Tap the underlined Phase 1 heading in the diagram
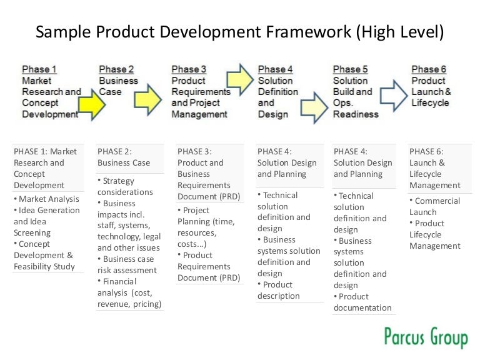click(39, 69)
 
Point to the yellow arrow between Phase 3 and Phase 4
click(240, 78)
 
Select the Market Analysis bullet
click(47, 199)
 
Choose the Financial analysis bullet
click(129, 292)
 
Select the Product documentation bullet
click(362, 302)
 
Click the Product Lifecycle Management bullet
click(434, 234)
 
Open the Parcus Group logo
click(425, 337)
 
